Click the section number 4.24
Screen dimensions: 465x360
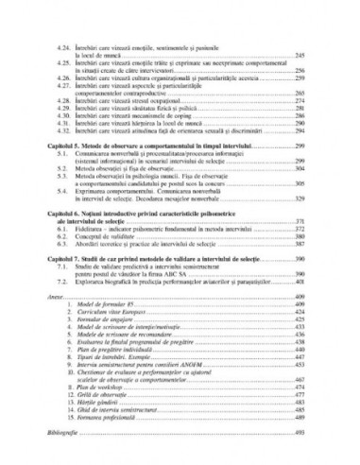[65, 48]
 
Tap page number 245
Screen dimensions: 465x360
[299, 56]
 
